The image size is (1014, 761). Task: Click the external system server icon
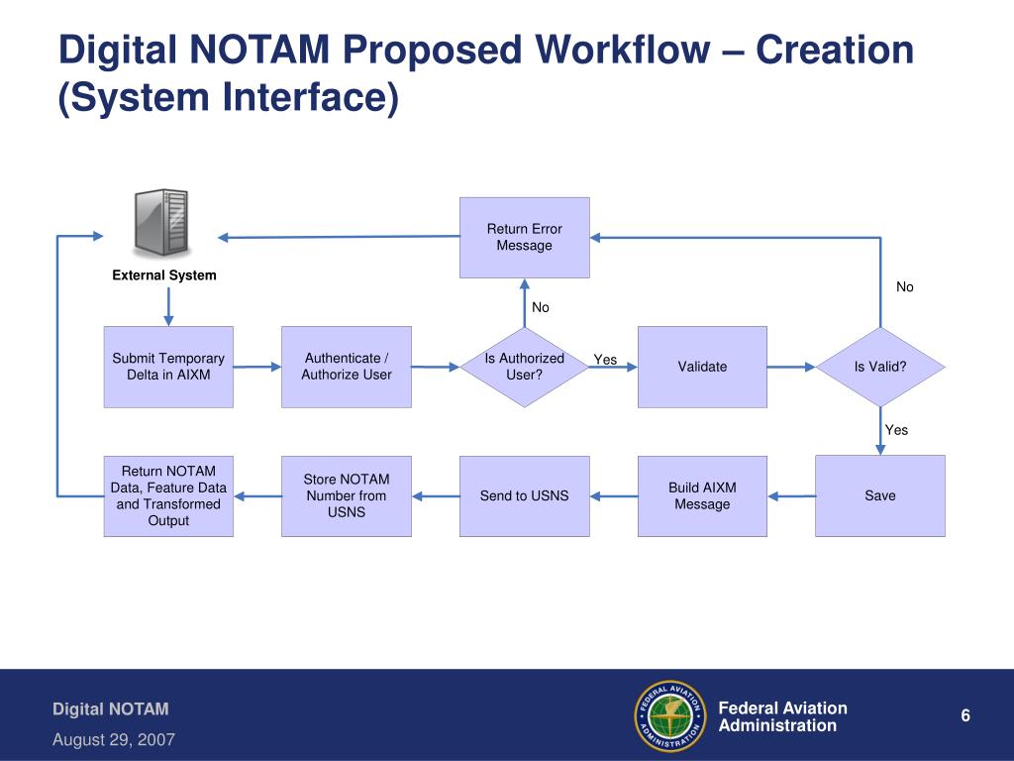click(x=160, y=224)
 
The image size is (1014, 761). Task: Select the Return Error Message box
click(x=524, y=238)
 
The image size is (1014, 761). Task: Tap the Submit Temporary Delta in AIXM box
click(x=168, y=367)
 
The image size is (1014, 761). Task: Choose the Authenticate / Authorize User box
click(x=346, y=367)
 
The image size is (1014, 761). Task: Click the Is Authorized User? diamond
click(x=524, y=367)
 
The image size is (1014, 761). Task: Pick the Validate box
click(x=702, y=367)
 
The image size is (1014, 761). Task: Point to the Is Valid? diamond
click(x=880, y=367)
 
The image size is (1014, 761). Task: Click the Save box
click(x=879, y=495)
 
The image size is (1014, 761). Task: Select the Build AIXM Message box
click(x=702, y=495)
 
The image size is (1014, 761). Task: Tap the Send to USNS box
click(x=524, y=495)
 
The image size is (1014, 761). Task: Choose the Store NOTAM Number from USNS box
click(x=346, y=495)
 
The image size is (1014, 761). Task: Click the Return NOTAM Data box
click(x=168, y=495)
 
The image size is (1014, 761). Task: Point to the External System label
click(x=164, y=275)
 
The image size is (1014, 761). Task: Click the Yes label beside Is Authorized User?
click(x=605, y=360)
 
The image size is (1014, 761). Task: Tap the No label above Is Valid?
click(x=905, y=287)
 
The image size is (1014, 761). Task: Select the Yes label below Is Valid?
click(x=896, y=430)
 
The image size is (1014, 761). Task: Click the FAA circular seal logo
click(x=669, y=716)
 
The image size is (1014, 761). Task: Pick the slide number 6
click(x=965, y=716)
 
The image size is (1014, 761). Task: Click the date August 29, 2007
click(x=114, y=739)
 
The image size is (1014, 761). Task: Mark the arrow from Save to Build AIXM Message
click(x=791, y=495)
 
